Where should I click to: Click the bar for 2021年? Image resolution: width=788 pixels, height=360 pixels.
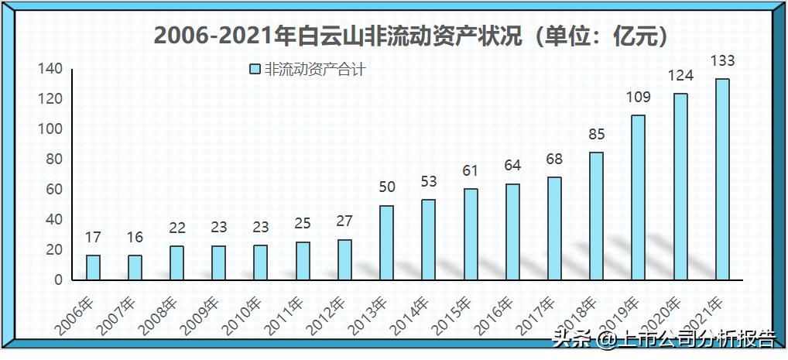pyautogui.click(x=721, y=179)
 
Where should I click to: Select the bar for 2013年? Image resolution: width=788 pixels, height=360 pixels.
pyautogui.click(x=386, y=242)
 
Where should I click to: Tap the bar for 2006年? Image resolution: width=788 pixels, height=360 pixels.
pyautogui.click(x=93, y=267)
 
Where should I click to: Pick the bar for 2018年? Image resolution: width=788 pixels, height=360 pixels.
pyautogui.click(x=596, y=216)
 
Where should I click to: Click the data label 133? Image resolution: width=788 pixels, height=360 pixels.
pyautogui.click(x=722, y=61)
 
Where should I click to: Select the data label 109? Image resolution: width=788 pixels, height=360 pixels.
pyautogui.click(x=638, y=98)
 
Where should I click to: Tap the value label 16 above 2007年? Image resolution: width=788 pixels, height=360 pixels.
pyautogui.click(x=135, y=238)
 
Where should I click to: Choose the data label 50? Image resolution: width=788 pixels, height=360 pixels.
pyautogui.click(x=386, y=187)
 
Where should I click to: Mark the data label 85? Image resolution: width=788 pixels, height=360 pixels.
pyautogui.click(x=596, y=134)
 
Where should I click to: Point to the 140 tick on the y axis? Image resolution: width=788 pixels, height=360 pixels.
pyautogui.click(x=50, y=69)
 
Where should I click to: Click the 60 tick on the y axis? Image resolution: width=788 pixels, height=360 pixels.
pyautogui.click(x=53, y=190)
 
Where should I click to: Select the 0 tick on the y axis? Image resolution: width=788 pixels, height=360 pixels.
pyautogui.click(x=58, y=280)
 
